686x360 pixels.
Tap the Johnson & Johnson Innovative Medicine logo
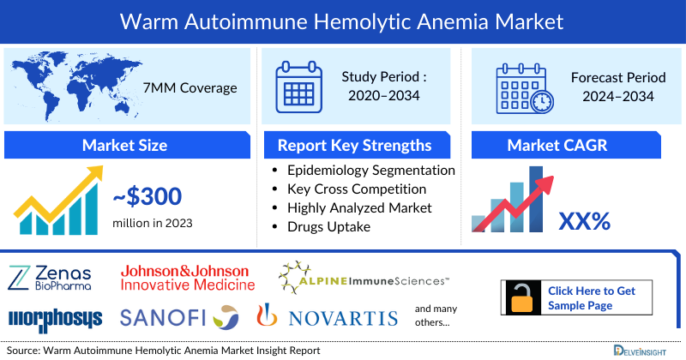(187, 277)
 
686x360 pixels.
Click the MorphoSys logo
(55, 319)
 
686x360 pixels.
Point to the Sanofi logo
(178, 318)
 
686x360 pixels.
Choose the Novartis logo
(328, 318)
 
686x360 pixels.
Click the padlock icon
(521, 297)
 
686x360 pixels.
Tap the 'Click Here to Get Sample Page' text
(592, 298)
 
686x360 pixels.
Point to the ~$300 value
(147, 197)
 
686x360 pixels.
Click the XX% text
(584, 221)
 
